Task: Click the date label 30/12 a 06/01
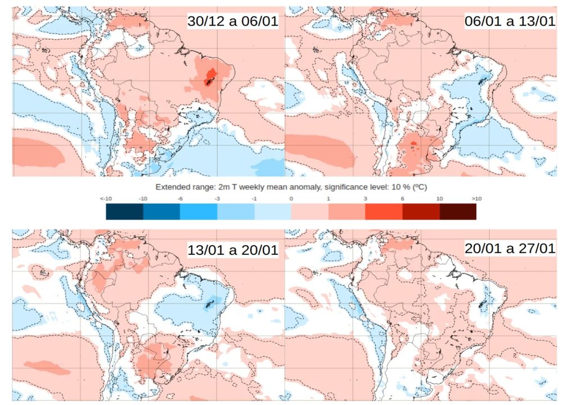(x=232, y=22)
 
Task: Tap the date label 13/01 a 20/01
(x=232, y=250)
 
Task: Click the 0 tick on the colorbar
(x=291, y=199)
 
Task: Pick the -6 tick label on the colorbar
(x=180, y=199)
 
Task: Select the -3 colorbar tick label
(x=217, y=199)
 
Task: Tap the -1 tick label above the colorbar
(x=254, y=199)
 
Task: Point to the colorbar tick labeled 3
(x=365, y=199)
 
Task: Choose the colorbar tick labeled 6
(x=402, y=199)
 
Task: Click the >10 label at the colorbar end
(x=476, y=199)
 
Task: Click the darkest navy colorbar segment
(x=124, y=211)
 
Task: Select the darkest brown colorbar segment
(x=458, y=211)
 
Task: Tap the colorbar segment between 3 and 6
(x=384, y=211)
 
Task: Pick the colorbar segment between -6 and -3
(x=199, y=211)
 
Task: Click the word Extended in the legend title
(x=170, y=186)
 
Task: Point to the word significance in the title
(x=330, y=186)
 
